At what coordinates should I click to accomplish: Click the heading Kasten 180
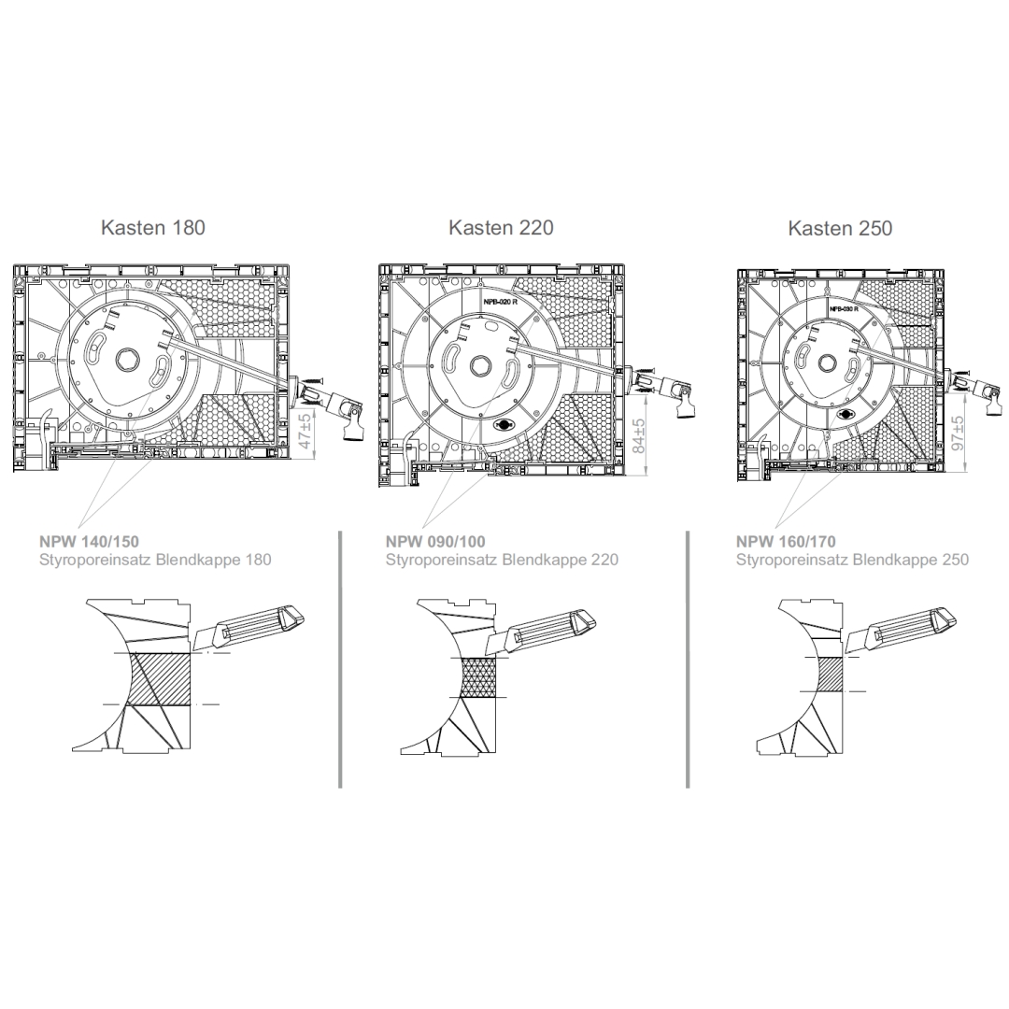(x=153, y=227)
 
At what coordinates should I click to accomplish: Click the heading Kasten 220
(x=502, y=227)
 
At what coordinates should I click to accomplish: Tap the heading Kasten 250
(x=841, y=228)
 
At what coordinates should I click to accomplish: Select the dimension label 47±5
(x=306, y=431)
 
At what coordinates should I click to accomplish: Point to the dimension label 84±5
(x=638, y=435)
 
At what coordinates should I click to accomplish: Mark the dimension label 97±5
(x=959, y=433)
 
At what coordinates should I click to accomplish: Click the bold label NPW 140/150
(x=89, y=542)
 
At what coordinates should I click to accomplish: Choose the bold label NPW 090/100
(x=435, y=542)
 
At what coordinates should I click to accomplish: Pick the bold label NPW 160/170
(x=787, y=542)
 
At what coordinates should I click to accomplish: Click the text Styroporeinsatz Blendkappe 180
(x=155, y=560)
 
